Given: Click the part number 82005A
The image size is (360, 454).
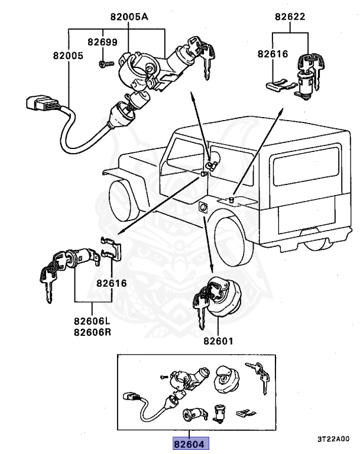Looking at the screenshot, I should coord(128,17).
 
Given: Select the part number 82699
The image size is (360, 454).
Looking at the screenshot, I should coord(102,42).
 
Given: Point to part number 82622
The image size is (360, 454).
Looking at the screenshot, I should coord(290,17).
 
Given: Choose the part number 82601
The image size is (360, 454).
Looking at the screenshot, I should coord(219,341).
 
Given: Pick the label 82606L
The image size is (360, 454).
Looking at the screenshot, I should coord(92,321).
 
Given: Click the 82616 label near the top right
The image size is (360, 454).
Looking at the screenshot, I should coord(273,54).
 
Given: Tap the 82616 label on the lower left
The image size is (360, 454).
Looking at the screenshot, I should coord(112,283).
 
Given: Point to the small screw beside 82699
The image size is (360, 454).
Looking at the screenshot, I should coord(103,63).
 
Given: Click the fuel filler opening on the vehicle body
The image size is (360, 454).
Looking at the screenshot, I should coord(202,207).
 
